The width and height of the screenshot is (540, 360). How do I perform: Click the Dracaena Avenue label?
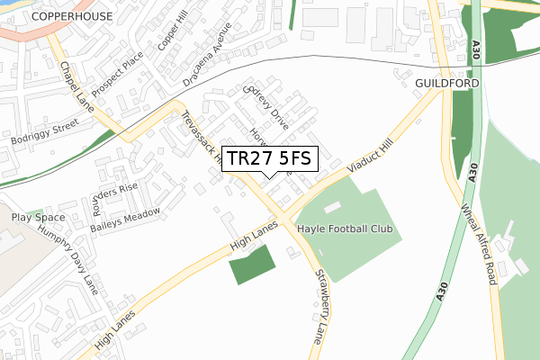[210, 50]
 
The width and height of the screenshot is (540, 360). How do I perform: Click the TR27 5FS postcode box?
[269, 158]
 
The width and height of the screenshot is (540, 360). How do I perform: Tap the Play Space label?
[39, 218]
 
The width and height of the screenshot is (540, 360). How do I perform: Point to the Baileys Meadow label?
[125, 220]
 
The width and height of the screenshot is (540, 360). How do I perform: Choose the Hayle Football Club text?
[345, 229]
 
